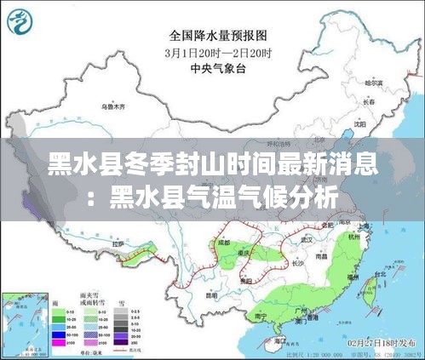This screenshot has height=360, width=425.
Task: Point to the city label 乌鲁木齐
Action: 112,107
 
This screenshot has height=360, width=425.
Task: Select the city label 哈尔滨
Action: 372,83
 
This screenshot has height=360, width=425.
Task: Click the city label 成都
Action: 223,243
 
